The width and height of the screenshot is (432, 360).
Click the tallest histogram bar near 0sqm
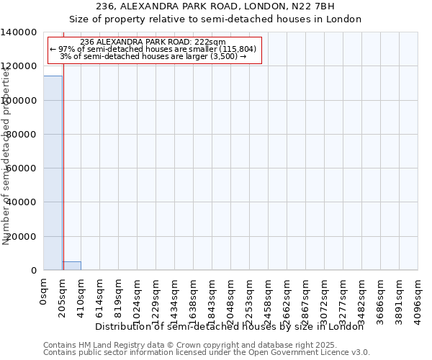[53, 173]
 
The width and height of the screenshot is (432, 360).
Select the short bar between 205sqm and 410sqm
[71, 266]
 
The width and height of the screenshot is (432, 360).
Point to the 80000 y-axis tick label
[22, 135]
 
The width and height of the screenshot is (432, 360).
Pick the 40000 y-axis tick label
[22, 202]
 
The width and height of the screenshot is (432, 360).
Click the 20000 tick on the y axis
[22, 236]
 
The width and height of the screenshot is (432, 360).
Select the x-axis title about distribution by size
[230, 326]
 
